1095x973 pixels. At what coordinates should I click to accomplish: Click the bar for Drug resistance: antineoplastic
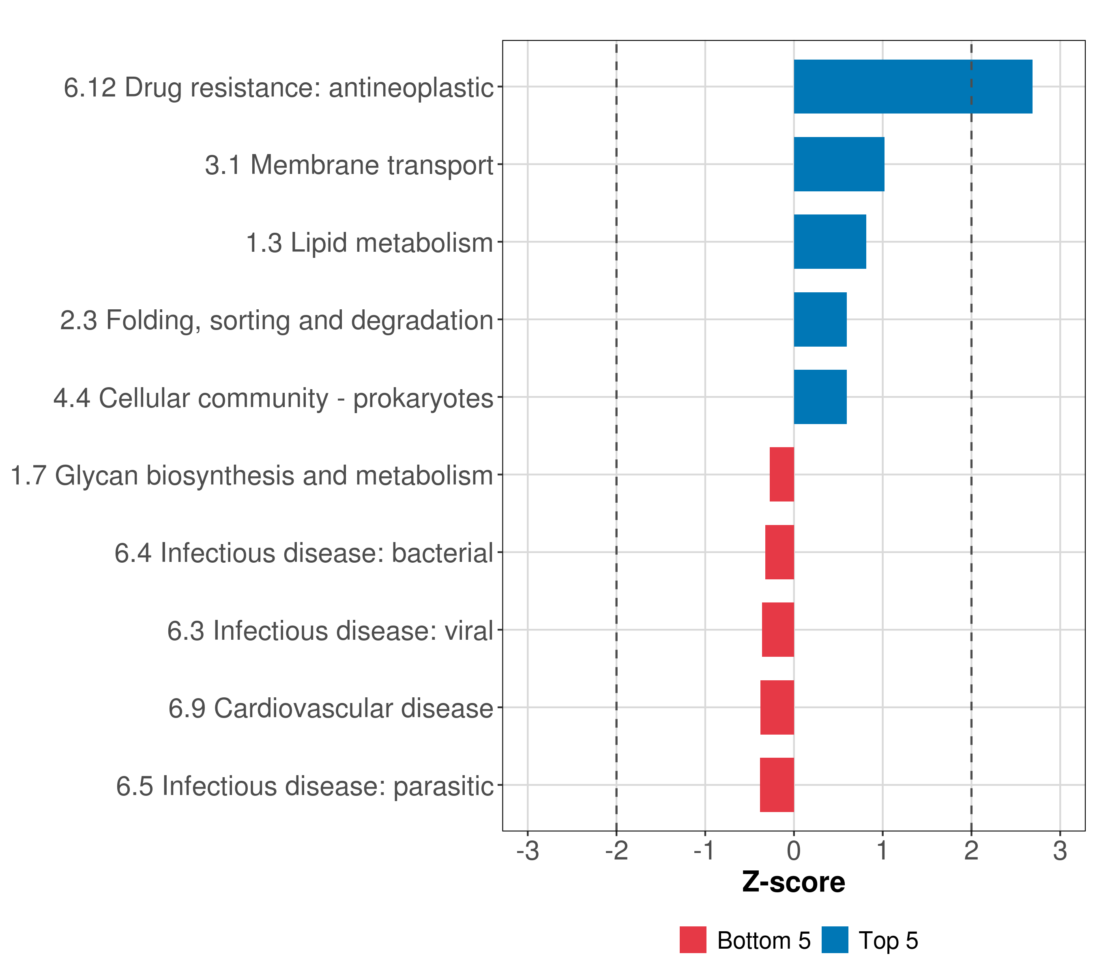click(912, 87)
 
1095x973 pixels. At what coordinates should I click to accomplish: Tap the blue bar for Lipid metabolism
click(829, 242)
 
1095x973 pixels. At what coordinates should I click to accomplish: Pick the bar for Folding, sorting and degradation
click(820, 320)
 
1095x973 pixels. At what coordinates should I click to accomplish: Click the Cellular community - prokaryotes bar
click(820, 397)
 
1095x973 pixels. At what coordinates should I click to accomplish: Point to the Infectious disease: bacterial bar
click(779, 552)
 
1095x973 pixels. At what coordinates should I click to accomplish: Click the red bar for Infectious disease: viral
click(778, 630)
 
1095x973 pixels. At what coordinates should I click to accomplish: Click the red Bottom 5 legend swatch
click(693, 940)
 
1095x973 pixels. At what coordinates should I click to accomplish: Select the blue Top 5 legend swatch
click(835, 940)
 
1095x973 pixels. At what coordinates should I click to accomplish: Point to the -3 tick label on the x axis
click(528, 851)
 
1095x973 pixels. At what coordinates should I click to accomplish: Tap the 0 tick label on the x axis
click(794, 851)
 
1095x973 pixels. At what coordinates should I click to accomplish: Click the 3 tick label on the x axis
click(1060, 851)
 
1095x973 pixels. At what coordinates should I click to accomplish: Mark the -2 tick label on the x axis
click(616, 851)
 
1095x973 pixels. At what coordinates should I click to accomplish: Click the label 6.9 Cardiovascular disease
click(331, 708)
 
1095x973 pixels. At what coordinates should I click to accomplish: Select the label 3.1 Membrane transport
click(349, 165)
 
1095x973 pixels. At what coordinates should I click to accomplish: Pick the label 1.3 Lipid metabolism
click(369, 242)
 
